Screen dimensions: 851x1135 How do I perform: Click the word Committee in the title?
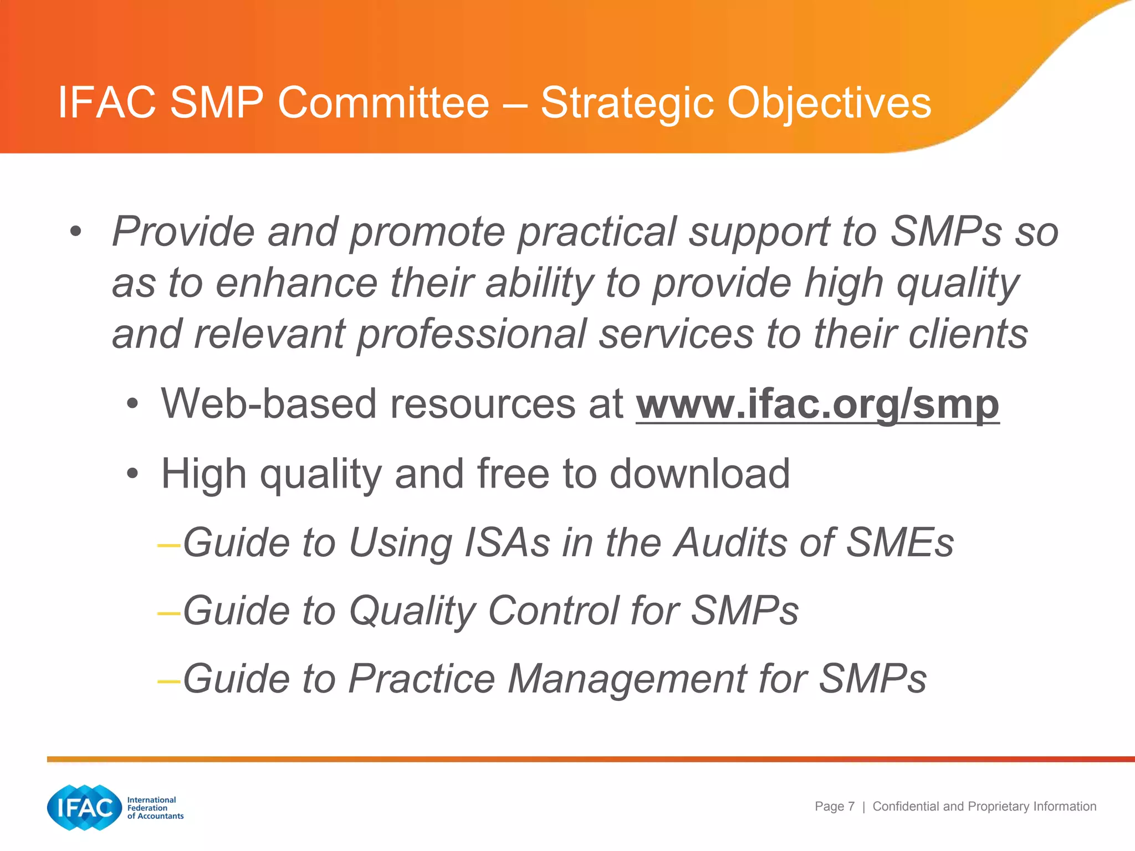pyautogui.click(x=384, y=102)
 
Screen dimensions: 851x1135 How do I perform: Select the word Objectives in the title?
pyautogui.click(x=829, y=104)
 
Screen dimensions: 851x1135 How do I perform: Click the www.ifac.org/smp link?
pyautogui.click(x=817, y=404)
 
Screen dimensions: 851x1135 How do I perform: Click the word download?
pyautogui.click(x=699, y=474)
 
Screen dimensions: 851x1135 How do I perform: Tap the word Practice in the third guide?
pyautogui.click(x=421, y=679)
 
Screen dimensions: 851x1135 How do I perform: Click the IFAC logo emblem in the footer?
pyautogui.click(x=84, y=807)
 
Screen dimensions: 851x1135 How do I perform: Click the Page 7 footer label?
pyautogui.click(x=834, y=806)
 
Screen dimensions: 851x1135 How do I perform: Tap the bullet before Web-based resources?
pyautogui.click(x=132, y=404)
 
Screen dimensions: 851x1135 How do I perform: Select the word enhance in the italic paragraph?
pyautogui.click(x=296, y=283)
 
